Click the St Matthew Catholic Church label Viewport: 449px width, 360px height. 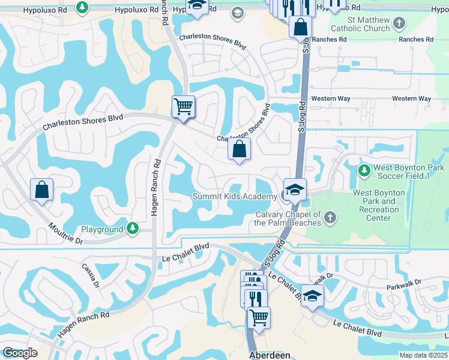click(364, 24)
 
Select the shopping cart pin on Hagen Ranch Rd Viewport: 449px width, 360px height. click(183, 107)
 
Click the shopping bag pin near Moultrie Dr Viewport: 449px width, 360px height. click(42, 190)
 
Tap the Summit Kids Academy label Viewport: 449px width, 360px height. click(235, 196)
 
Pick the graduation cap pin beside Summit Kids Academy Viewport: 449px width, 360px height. click(295, 190)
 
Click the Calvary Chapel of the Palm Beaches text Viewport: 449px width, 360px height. click(289, 219)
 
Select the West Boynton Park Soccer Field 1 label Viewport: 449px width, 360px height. click(409, 172)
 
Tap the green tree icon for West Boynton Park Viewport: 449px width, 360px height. click(364, 171)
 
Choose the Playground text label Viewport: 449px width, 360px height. click(102, 229)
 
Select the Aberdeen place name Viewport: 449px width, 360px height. click(269, 355)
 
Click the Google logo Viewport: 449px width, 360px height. click(20, 353)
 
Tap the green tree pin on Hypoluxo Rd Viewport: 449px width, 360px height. click(82, 8)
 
